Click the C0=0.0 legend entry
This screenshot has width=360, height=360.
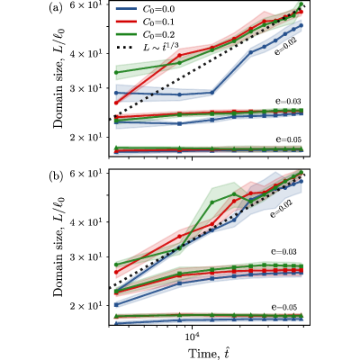145,9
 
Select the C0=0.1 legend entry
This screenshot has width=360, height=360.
145,22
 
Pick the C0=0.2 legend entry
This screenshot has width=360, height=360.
145,35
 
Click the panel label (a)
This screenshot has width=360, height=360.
55,8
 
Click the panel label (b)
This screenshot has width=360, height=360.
56,175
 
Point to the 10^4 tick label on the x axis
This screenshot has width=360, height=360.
192,336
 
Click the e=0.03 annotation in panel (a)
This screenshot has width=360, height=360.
288,101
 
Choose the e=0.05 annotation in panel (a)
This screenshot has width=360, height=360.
288,139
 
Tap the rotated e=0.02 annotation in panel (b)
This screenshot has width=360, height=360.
281,206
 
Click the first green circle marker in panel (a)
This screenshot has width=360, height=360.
116,73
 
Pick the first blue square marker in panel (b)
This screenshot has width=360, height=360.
116,305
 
